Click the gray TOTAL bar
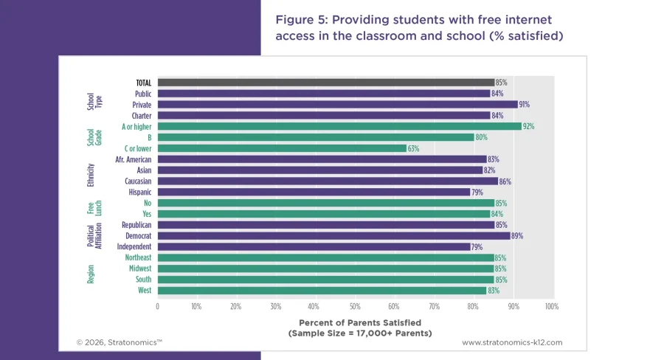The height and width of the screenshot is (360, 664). coord(325,83)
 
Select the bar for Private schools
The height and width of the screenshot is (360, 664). coord(337,105)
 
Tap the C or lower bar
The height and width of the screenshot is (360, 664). coord(282,148)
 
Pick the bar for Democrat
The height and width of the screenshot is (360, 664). coord(333,236)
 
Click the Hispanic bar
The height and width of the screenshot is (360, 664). coord(314,192)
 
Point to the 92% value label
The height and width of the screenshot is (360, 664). coord(528,127)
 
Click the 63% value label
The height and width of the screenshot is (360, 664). coord(414,148)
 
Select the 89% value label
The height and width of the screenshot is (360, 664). coord(516,236)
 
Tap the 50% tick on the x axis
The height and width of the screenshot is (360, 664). coord(354,306)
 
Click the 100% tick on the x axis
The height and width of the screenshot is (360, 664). coord(550,306)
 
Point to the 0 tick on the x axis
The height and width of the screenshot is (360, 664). coord(157,306)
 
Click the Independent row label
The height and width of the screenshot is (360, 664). coord(134,246)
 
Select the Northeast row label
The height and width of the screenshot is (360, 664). coord(137,257)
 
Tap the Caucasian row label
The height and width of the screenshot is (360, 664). coord(136,181)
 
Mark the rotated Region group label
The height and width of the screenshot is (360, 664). coord(91,274)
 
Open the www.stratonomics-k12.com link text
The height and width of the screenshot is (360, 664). coord(512,342)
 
